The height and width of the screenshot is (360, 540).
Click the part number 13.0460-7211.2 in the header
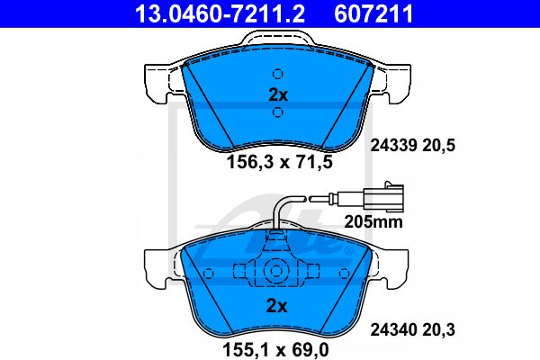click(220, 13)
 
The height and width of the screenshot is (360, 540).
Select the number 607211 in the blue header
click(373, 13)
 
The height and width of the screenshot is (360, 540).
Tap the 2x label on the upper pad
click(278, 95)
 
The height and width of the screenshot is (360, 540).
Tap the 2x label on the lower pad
click(276, 306)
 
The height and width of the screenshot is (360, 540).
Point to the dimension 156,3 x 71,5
click(280, 162)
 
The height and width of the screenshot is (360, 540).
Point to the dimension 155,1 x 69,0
click(276, 350)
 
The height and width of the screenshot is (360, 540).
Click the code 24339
click(393, 146)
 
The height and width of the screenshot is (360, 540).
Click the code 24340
click(393, 329)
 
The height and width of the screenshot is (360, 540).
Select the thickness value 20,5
click(439, 146)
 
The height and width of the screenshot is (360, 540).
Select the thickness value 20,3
click(439, 330)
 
